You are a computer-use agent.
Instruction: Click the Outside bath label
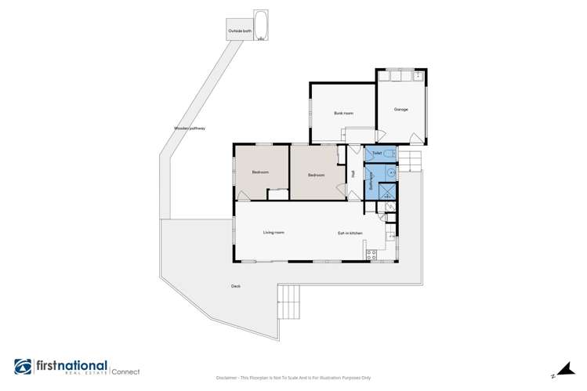click(240, 31)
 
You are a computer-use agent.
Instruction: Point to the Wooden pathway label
click(189, 129)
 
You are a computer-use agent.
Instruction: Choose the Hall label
click(353, 176)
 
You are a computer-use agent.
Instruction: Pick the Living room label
click(273, 233)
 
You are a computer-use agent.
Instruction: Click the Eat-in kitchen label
click(350, 233)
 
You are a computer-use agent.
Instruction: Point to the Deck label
click(234, 286)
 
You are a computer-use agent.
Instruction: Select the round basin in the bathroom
click(390, 175)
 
